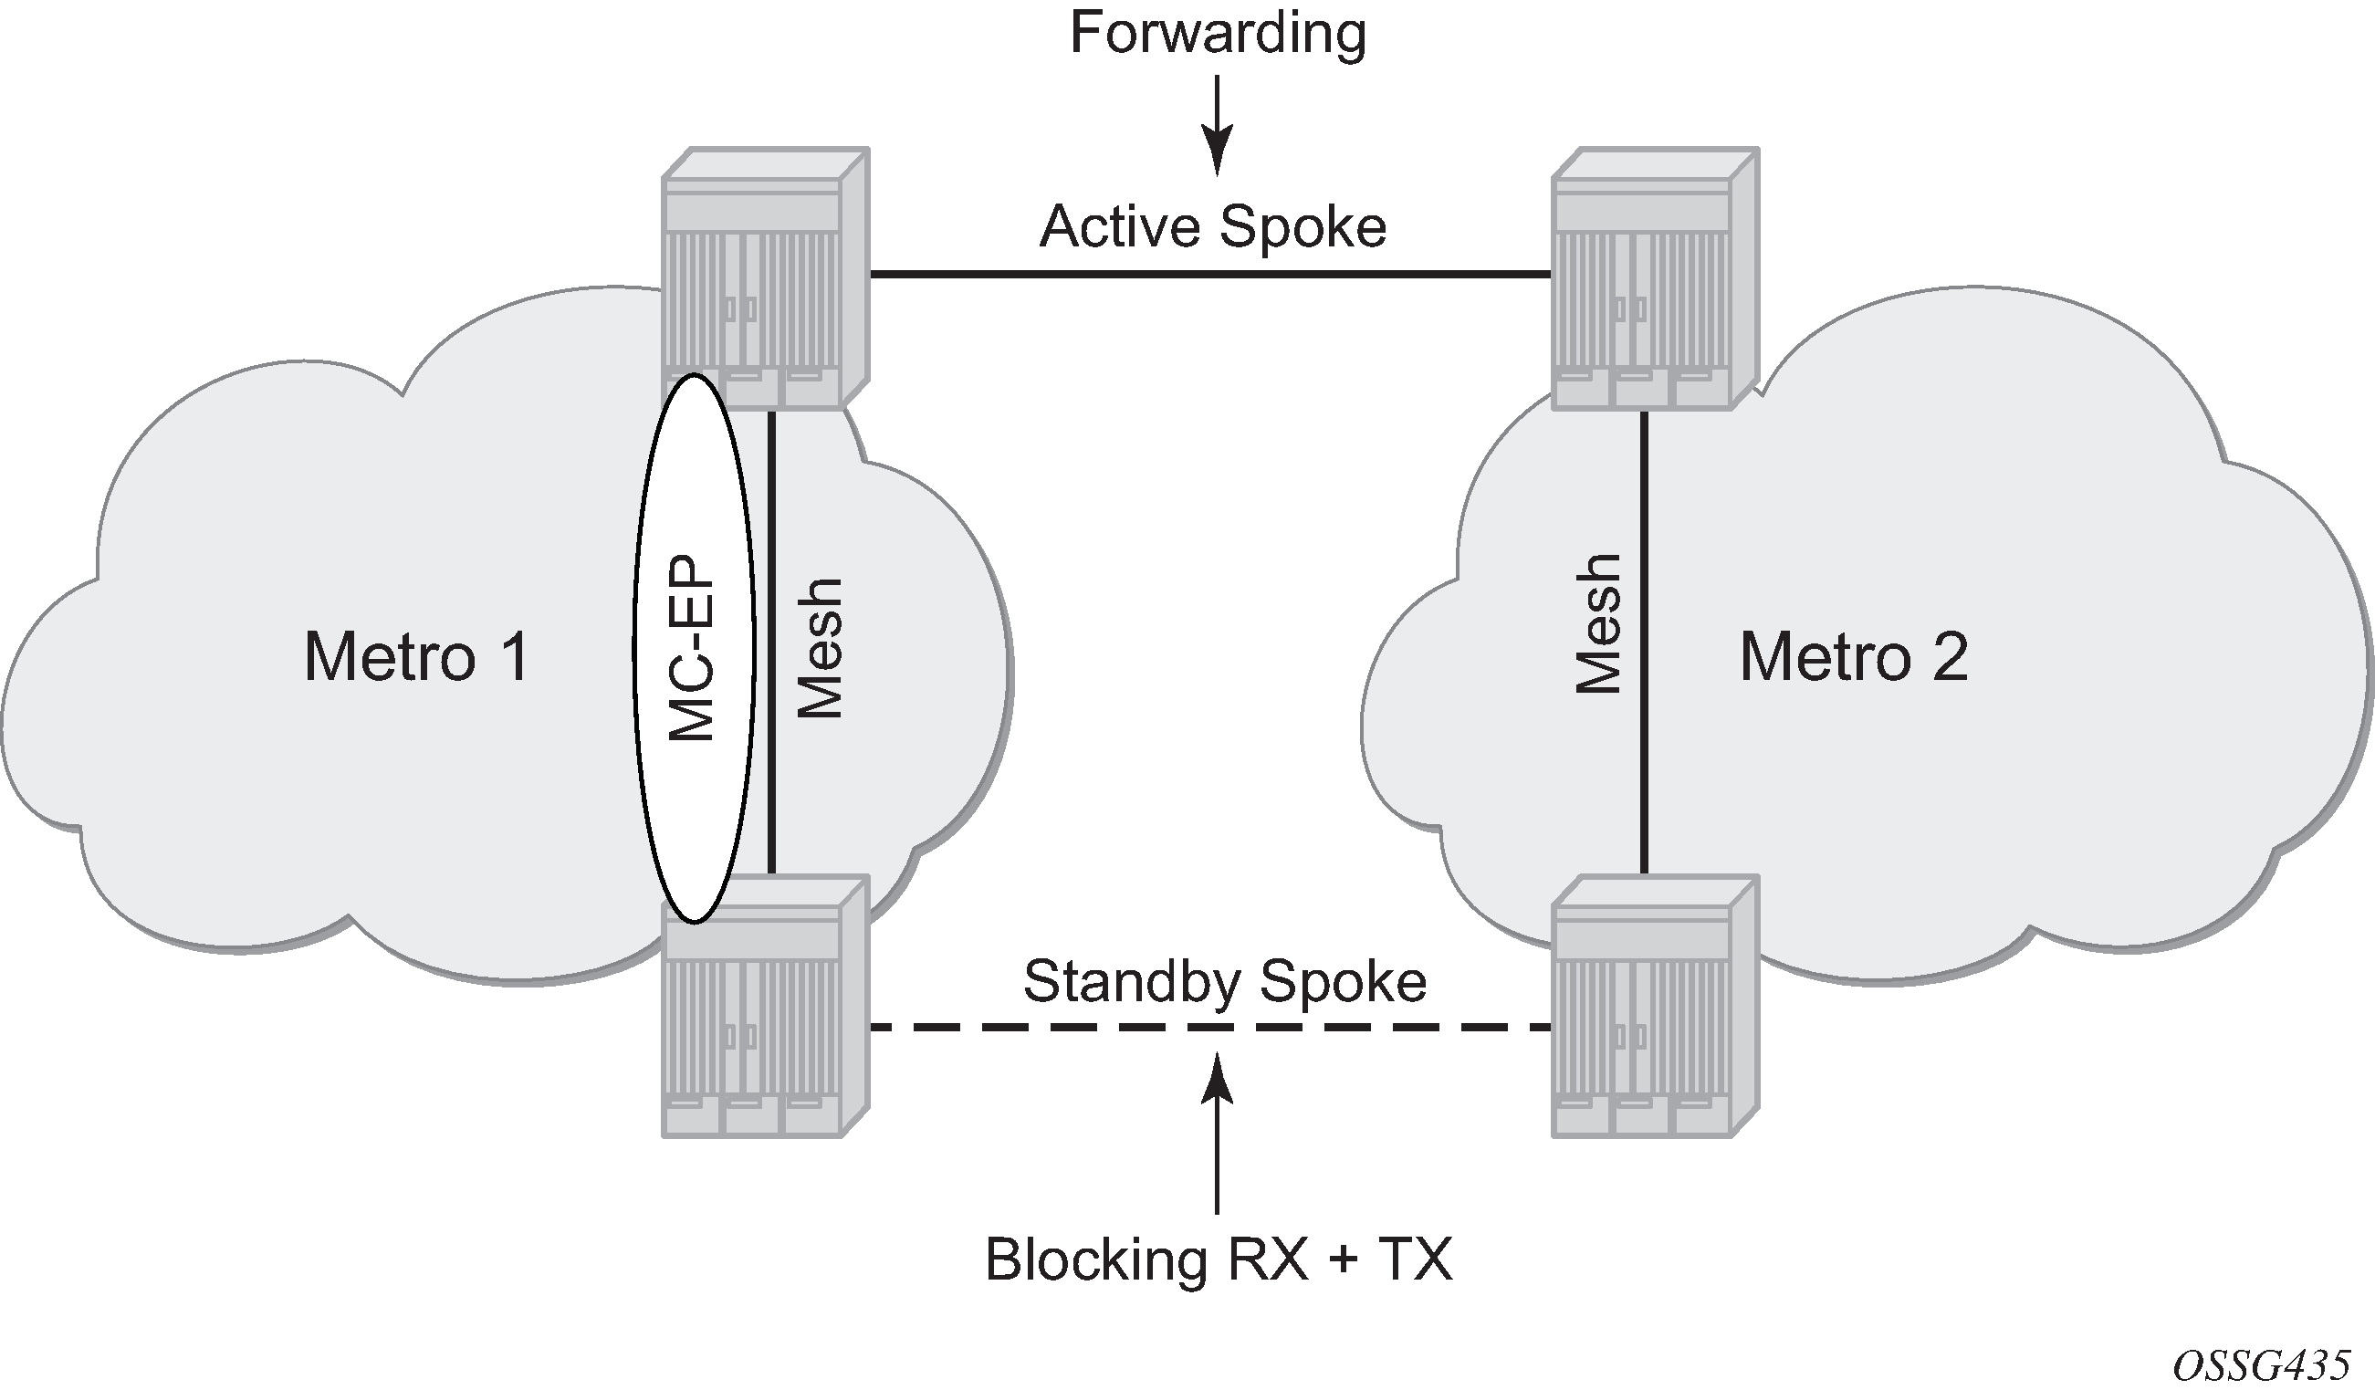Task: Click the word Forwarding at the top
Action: tap(1218, 34)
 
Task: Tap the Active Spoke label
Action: tap(1213, 227)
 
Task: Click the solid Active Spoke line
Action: tap(1210, 274)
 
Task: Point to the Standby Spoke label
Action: tap(1224, 982)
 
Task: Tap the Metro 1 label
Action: tap(416, 657)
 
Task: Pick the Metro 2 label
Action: tap(1853, 657)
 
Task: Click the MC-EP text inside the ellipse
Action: tap(692, 648)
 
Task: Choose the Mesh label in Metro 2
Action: tap(1599, 624)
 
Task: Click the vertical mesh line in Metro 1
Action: tap(772, 641)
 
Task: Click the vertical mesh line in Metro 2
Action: tap(1645, 641)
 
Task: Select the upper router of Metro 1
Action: tap(764, 278)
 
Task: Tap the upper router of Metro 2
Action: tap(1655, 278)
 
